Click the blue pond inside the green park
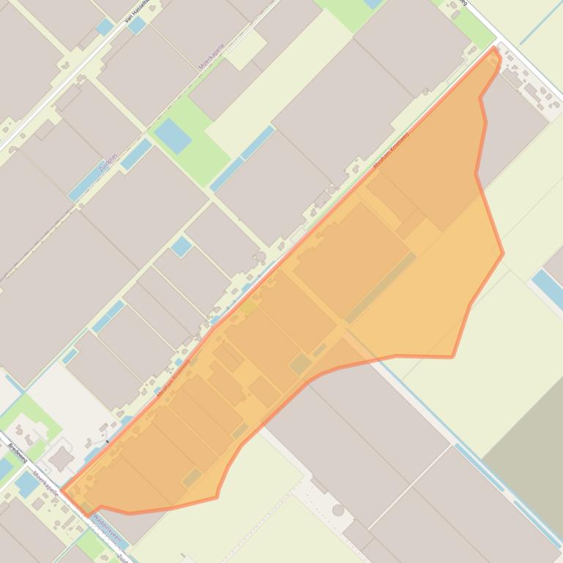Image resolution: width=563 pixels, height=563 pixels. pos(173,135)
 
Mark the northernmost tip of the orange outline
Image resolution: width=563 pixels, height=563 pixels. pos(496,48)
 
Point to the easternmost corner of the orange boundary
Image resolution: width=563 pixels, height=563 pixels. pos(503,254)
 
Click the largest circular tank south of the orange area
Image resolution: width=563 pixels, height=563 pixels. pos(338,510)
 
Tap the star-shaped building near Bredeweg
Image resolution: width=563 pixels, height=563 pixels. pos(60,459)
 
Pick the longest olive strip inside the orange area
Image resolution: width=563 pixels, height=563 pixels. pos(380,288)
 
